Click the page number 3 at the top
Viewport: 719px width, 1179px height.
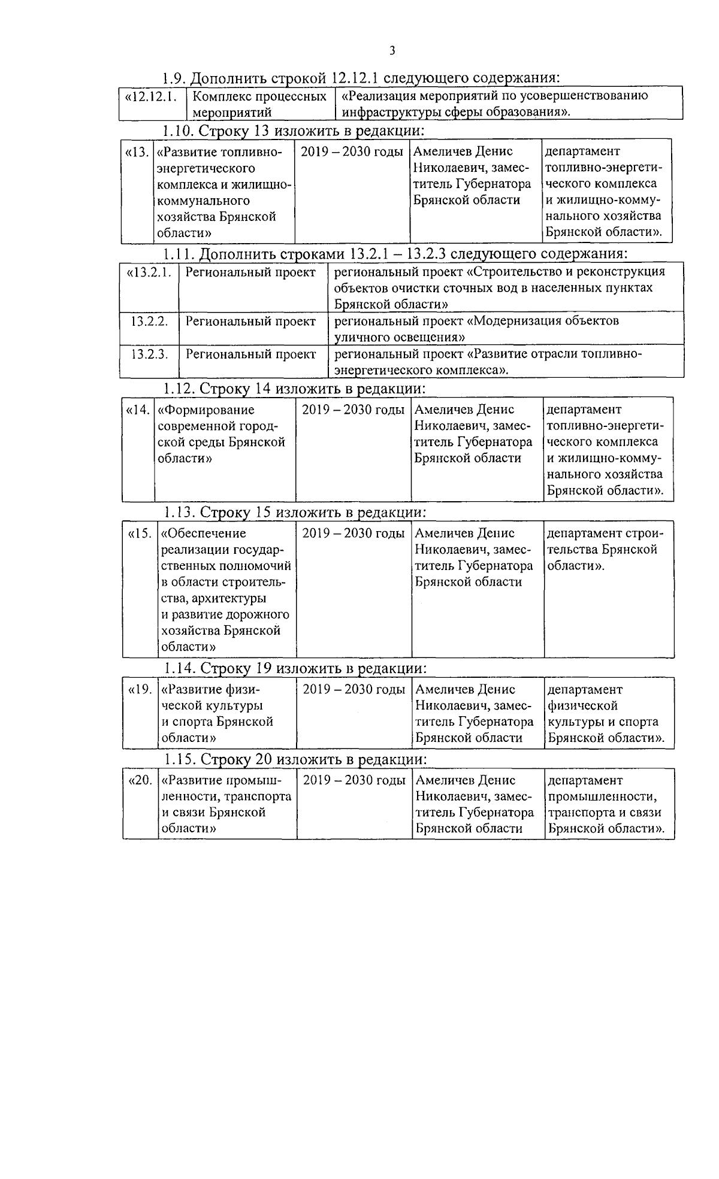pos(392,50)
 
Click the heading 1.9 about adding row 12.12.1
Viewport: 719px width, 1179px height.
pos(361,78)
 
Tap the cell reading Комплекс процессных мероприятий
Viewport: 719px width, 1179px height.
pos(260,104)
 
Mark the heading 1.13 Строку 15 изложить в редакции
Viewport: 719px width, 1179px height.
pos(295,513)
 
